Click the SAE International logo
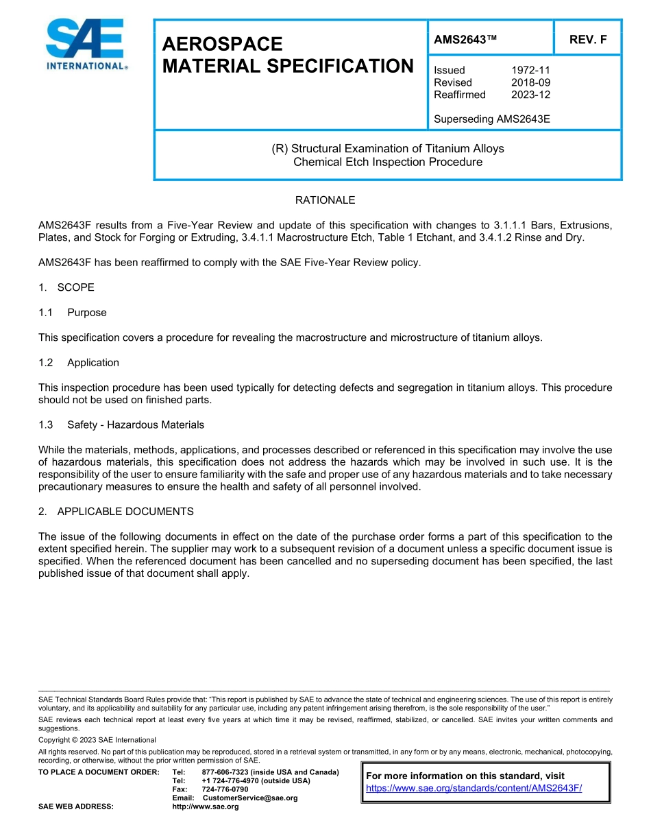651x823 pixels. tap(85, 45)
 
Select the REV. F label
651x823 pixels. tap(588, 40)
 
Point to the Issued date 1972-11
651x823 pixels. tap(530, 70)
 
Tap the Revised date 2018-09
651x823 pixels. tap(530, 82)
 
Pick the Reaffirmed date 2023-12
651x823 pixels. tap(530, 95)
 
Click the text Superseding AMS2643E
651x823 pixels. tap(492, 119)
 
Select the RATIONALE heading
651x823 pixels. tap(325, 200)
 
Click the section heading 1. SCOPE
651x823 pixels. tap(66, 287)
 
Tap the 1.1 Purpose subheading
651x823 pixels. tap(73, 313)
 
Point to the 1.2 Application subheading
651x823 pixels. tap(79, 363)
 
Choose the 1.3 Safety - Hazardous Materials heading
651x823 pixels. tap(121, 425)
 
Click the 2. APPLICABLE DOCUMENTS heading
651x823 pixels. tap(116, 512)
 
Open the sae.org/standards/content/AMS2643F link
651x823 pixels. tap(474, 788)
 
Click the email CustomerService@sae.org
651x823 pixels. tap(250, 798)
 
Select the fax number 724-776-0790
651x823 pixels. tap(225, 789)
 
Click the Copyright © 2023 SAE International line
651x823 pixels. tap(97, 740)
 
